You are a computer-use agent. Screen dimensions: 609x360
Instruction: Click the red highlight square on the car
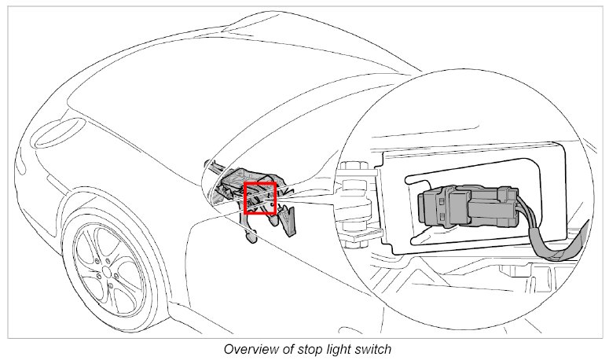point(259,198)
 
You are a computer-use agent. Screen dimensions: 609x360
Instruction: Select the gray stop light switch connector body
point(444,206)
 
